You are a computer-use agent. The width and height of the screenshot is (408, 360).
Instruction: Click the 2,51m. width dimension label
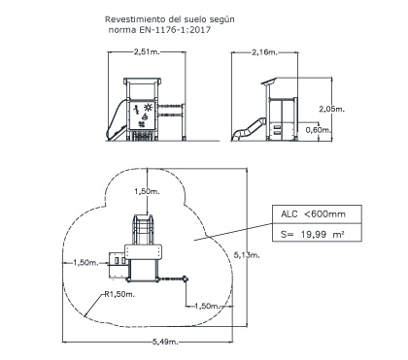147,51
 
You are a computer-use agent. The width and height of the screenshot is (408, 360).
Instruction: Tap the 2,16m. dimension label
265,51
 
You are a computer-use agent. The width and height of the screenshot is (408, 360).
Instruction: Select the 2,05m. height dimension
332,109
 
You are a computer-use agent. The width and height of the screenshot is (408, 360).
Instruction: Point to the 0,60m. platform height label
319,130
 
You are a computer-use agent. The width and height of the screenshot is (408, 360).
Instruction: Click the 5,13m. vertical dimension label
247,255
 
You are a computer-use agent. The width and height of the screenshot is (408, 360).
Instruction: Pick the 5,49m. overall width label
165,342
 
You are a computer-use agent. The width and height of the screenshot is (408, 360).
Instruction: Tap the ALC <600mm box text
313,214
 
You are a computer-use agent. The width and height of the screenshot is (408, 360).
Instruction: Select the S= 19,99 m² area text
312,234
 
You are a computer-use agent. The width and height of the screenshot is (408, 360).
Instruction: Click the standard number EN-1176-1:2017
175,30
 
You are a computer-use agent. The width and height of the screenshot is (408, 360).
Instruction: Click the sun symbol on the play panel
149,107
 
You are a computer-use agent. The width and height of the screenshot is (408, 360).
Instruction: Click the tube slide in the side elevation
249,129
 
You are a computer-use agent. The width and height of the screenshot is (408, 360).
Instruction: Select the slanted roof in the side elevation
269,81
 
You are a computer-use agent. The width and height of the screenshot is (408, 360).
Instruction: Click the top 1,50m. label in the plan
148,191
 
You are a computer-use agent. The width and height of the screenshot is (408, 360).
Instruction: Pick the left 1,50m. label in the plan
85,263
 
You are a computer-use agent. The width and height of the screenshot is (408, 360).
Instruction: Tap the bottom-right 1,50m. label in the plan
207,306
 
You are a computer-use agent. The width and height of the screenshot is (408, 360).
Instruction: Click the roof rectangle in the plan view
144,252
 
